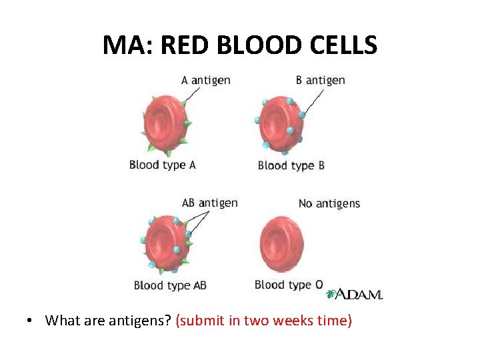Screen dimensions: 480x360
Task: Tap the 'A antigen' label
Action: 205,80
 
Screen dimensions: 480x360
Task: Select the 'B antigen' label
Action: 320,80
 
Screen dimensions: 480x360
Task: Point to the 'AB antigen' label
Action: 209,203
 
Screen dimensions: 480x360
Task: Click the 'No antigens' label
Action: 329,203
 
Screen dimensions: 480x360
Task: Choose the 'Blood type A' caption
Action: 162,165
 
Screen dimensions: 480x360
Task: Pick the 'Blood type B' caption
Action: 291,165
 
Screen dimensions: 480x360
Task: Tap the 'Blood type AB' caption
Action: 170,285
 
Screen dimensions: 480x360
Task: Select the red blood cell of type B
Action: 281,123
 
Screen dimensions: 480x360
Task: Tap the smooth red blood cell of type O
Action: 280,243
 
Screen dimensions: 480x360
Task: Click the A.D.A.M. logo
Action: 354,294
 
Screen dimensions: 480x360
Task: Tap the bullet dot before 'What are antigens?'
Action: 31,321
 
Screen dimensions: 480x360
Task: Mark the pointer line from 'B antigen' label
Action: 314,100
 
